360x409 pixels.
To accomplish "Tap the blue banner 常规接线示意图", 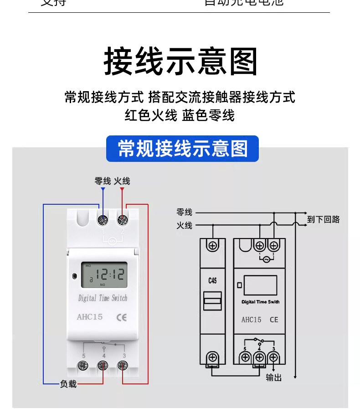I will click(x=182, y=149).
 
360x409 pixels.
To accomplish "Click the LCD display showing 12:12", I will click(x=104, y=275).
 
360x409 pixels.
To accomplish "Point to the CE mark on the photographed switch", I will click(x=122, y=317).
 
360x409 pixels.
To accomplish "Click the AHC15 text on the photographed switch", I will click(x=90, y=317).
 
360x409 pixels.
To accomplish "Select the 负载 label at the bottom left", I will click(x=68, y=384).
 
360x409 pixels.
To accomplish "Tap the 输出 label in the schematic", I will click(x=273, y=378).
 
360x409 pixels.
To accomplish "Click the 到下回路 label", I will click(x=324, y=219).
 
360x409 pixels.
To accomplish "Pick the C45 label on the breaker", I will click(x=212, y=280).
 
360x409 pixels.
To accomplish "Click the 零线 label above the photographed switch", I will click(x=103, y=181).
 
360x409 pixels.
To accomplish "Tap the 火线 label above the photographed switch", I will click(x=122, y=181).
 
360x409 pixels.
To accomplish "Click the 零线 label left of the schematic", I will click(x=185, y=212).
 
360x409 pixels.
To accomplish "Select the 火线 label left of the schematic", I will click(x=185, y=225).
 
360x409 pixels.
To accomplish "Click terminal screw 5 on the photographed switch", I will click(x=83, y=365).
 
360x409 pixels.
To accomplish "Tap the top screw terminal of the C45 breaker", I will click(x=212, y=246).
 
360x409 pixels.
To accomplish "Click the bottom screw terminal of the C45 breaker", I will click(x=212, y=357).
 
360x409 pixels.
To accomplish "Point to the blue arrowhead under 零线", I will click(x=103, y=189).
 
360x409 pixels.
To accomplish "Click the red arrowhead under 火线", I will click(x=122, y=189).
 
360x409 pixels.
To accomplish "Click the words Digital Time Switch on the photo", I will click(x=103, y=299).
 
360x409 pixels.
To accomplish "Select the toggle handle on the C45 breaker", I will click(x=212, y=301).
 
